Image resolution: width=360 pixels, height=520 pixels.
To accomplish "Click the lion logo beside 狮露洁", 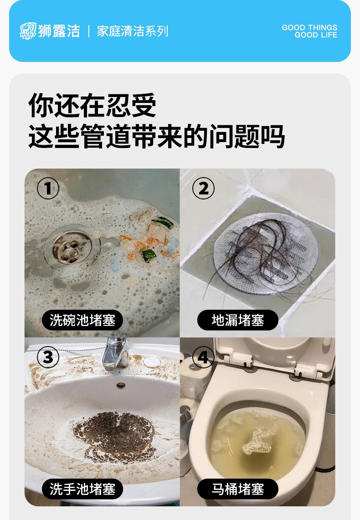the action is (x=28, y=31).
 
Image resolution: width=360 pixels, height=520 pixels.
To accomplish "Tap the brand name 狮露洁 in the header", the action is (x=59, y=31).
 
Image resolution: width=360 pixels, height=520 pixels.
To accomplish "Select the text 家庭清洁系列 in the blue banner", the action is (x=133, y=31).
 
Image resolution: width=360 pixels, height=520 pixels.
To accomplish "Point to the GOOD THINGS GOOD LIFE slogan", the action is (x=309, y=31).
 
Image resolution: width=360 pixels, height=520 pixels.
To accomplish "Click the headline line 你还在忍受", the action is (x=92, y=105).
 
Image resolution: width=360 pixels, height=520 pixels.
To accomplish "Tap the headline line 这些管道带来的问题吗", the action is (x=156, y=136).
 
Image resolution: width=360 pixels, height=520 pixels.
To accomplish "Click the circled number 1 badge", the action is (x=48, y=188).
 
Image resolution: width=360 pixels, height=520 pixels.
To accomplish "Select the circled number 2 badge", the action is (x=203, y=188).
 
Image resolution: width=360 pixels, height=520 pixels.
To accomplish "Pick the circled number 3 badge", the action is (x=48, y=357).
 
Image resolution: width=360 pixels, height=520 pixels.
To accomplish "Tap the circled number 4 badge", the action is (x=203, y=357).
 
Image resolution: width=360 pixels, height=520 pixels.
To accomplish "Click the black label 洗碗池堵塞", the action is (x=82, y=321).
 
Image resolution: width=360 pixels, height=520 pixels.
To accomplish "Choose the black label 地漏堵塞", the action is (x=237, y=321).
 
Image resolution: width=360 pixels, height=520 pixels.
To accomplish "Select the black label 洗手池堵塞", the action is (x=82, y=489).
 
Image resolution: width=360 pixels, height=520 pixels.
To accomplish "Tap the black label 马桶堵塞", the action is (x=237, y=489).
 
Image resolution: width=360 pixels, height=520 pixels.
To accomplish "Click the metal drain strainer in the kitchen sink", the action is (x=72, y=247).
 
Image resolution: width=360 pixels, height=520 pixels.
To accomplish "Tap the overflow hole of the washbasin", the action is (x=121, y=385).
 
